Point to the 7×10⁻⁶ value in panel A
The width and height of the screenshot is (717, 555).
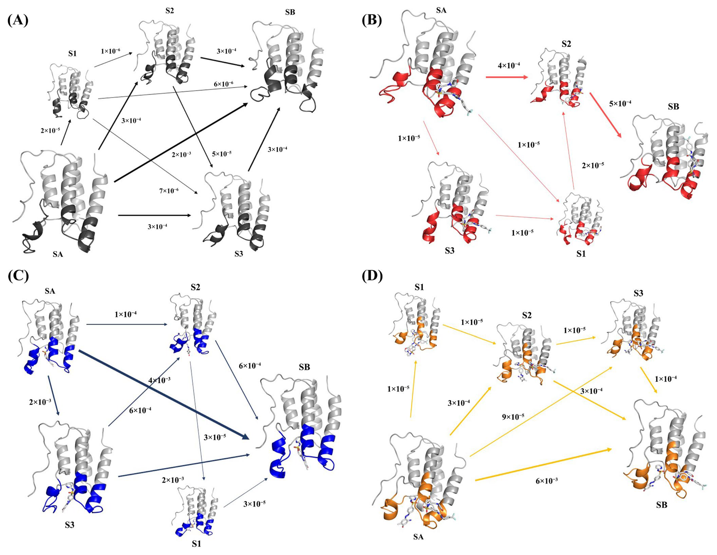pos(169,190)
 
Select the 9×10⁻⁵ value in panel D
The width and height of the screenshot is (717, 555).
pos(513,417)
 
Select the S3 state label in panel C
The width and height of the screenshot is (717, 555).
pos(69,525)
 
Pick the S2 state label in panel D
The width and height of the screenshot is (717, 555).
pos(526,315)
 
